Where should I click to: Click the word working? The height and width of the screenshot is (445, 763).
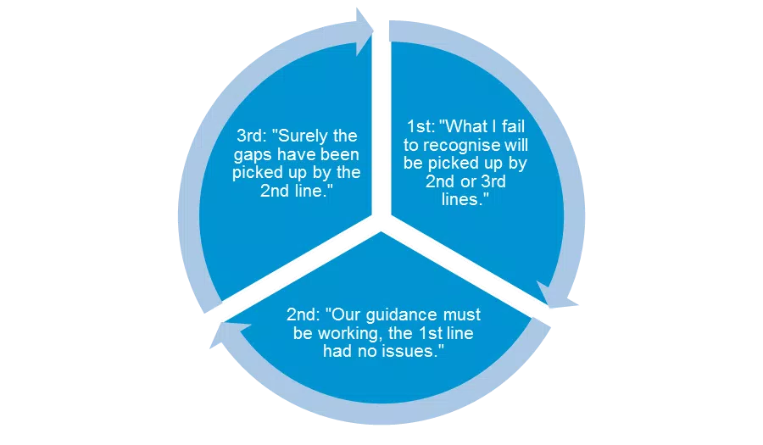(350, 334)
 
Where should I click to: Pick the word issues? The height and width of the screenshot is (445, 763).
(413, 351)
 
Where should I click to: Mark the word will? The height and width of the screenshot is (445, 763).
(515, 145)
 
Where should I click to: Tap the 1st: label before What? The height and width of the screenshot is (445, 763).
(420, 127)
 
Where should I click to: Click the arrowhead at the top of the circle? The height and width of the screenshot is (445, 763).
(365, 31)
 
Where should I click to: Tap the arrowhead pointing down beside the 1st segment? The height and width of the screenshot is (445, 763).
(557, 296)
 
